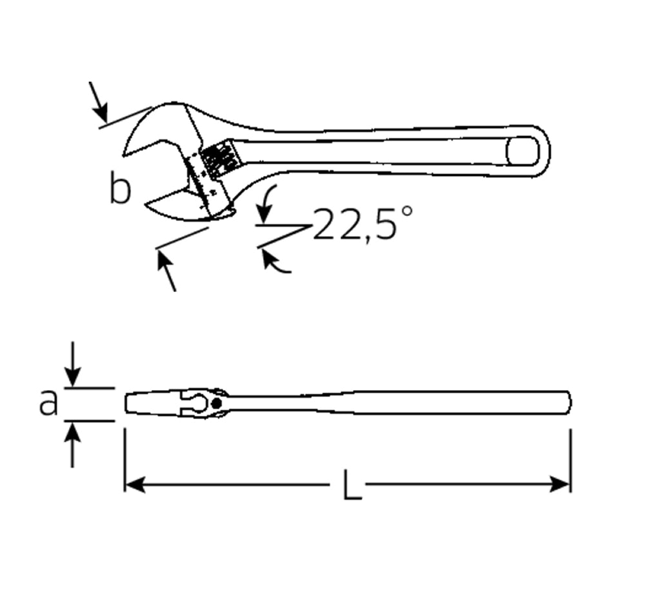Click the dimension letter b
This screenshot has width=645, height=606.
pos(120,189)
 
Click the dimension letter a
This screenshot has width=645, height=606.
pos(48,404)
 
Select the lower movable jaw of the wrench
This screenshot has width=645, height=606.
pos(174,206)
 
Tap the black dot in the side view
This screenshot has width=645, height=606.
pos(217,404)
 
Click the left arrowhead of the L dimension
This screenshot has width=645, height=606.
pos(133,484)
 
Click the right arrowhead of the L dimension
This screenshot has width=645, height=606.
pos(561,484)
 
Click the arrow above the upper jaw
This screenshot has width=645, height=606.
pos(100,110)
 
